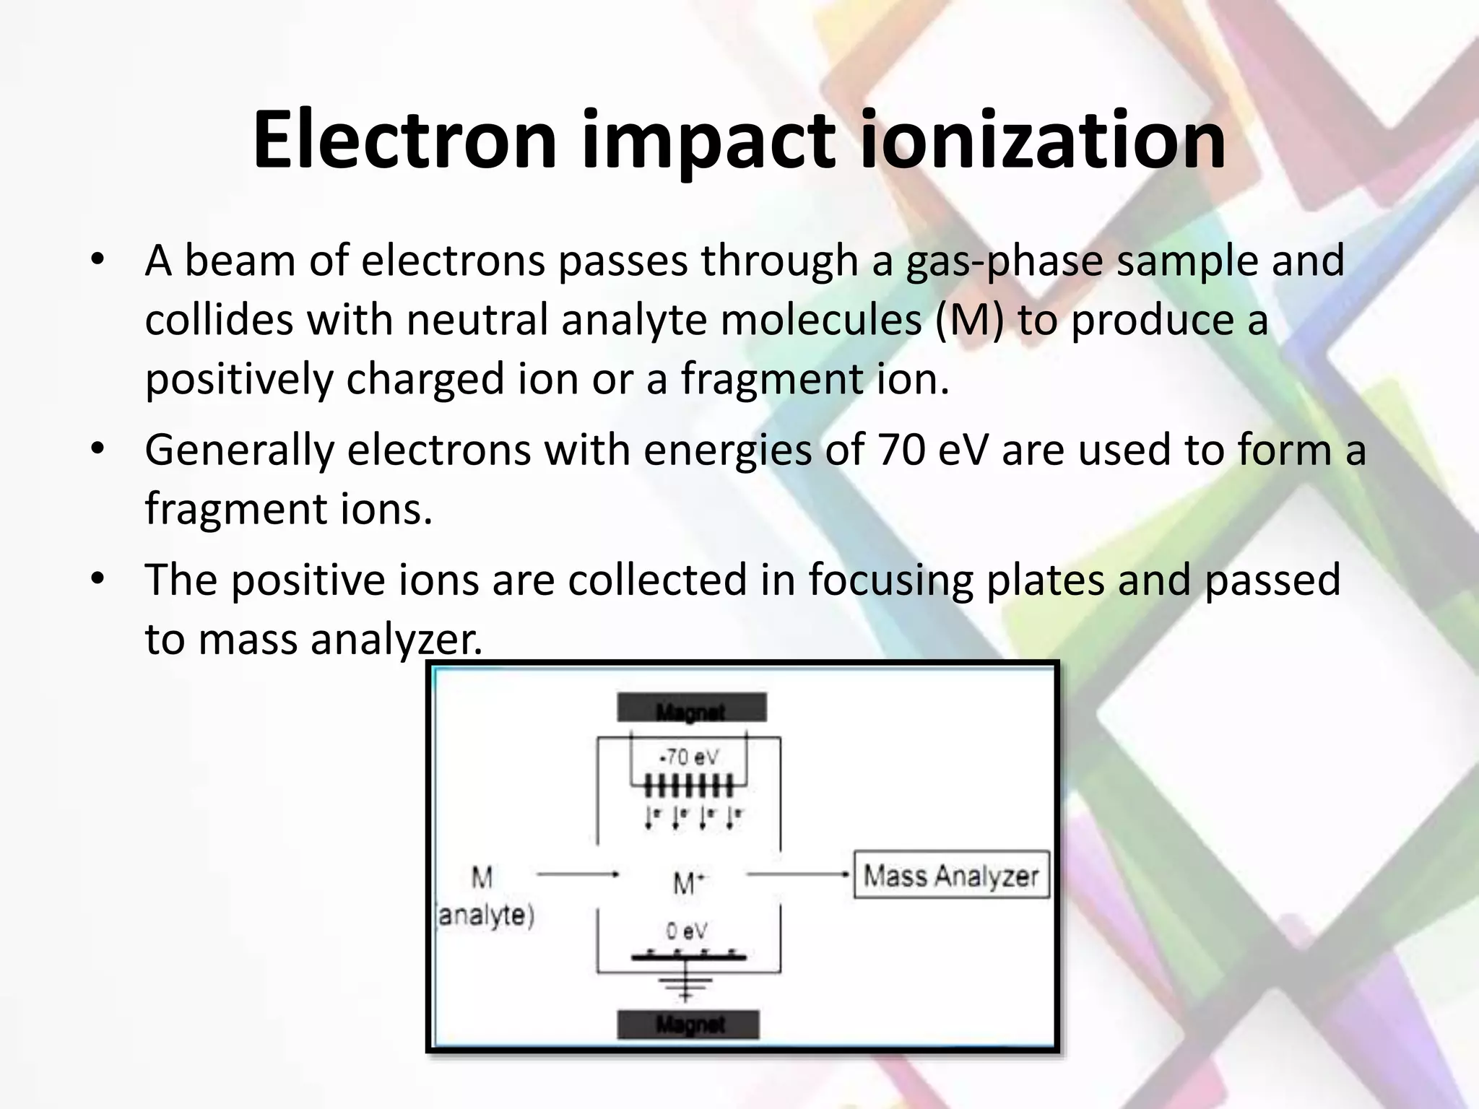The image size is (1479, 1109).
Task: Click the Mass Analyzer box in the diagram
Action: point(950,875)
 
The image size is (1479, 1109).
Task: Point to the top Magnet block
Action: point(691,708)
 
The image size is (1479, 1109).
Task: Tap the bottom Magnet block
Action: point(688,1024)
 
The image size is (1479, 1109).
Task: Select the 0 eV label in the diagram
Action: point(686,931)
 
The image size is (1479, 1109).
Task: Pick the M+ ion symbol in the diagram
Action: point(688,882)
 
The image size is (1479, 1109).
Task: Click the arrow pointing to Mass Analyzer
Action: point(797,874)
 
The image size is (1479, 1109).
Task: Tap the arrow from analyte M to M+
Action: point(578,874)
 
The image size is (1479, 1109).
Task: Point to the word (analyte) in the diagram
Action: point(485,916)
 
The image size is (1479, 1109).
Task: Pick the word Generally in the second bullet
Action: point(239,451)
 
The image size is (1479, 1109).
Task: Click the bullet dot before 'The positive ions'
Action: point(98,578)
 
